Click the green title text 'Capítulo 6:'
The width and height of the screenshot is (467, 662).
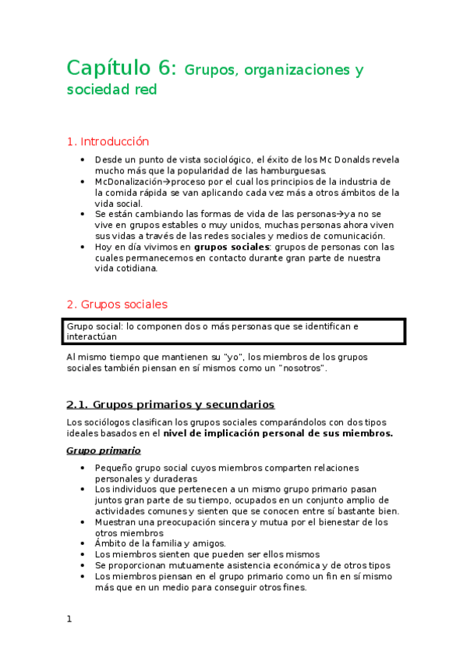(123, 69)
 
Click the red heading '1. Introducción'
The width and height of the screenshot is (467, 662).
(108, 141)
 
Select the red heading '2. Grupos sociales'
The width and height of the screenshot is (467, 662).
(117, 304)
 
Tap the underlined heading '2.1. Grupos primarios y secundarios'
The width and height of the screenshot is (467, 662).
(170, 404)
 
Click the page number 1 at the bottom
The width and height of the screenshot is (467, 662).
(69, 619)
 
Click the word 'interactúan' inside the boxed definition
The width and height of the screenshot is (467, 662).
(92, 336)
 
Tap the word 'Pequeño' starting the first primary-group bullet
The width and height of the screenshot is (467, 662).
(116, 468)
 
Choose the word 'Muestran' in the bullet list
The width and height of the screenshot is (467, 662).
(118, 521)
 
